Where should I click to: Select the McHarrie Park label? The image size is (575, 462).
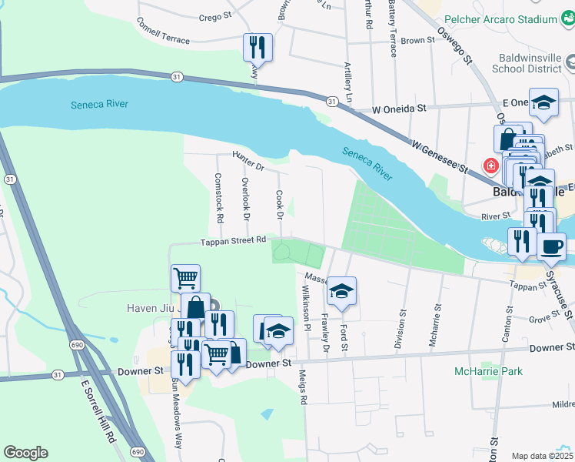click(x=488, y=371)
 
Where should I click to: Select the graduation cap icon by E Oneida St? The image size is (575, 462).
click(x=543, y=103)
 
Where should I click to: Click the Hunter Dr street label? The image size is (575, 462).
click(x=248, y=161)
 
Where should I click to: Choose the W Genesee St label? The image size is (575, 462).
click(x=440, y=157)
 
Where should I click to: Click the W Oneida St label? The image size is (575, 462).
click(x=399, y=110)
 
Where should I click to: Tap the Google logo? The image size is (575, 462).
click(x=25, y=453)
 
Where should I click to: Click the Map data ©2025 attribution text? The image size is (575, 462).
click(x=542, y=456)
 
